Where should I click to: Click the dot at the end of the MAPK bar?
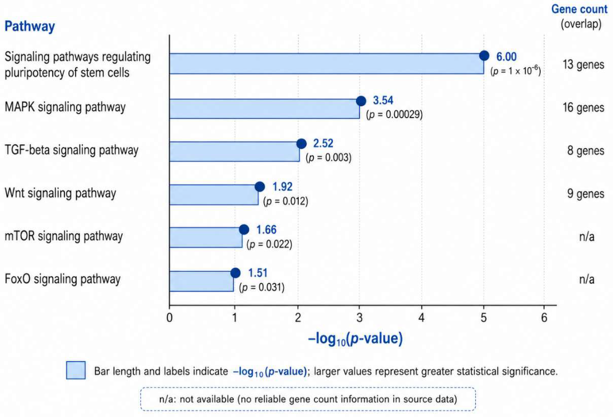coord(361,101)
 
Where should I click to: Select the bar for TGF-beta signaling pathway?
coord(235,151)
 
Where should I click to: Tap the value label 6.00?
coord(506,57)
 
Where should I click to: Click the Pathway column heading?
coord(30,26)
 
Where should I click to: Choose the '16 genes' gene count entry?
coord(583,108)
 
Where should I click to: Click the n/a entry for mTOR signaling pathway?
coord(587,237)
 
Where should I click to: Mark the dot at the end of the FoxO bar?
coord(235,273)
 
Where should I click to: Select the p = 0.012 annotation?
coord(286,201)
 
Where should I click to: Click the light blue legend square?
coord(76,370)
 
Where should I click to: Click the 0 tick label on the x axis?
coord(170,317)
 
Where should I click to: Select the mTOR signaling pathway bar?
coord(206,238)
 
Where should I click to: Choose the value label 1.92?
coord(283,187)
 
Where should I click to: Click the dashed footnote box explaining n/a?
coord(308,399)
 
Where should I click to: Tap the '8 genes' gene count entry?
coord(586,151)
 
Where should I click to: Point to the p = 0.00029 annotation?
coord(394,115)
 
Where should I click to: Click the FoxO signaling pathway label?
coord(63,279)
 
